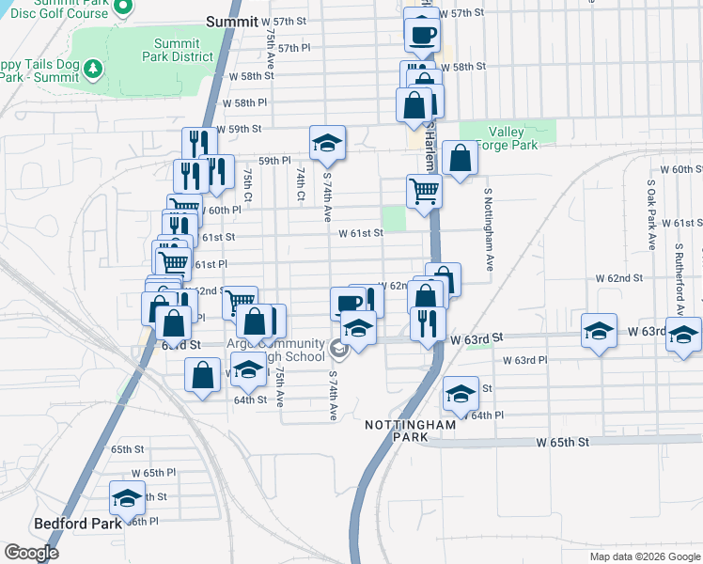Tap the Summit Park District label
click(177, 50)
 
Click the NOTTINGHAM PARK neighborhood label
click(411, 431)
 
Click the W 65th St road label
click(563, 442)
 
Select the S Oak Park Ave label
click(650, 215)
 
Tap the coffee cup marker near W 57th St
click(421, 34)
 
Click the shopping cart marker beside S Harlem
click(424, 191)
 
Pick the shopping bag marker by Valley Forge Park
click(460, 159)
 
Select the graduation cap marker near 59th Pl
click(327, 142)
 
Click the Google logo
click(31, 553)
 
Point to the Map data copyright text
click(644, 556)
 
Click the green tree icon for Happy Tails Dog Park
click(92, 68)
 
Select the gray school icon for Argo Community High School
click(337, 351)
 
